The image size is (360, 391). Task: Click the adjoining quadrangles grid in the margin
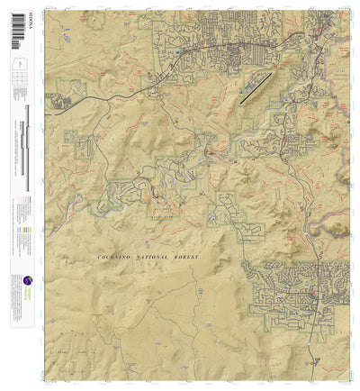16,86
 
